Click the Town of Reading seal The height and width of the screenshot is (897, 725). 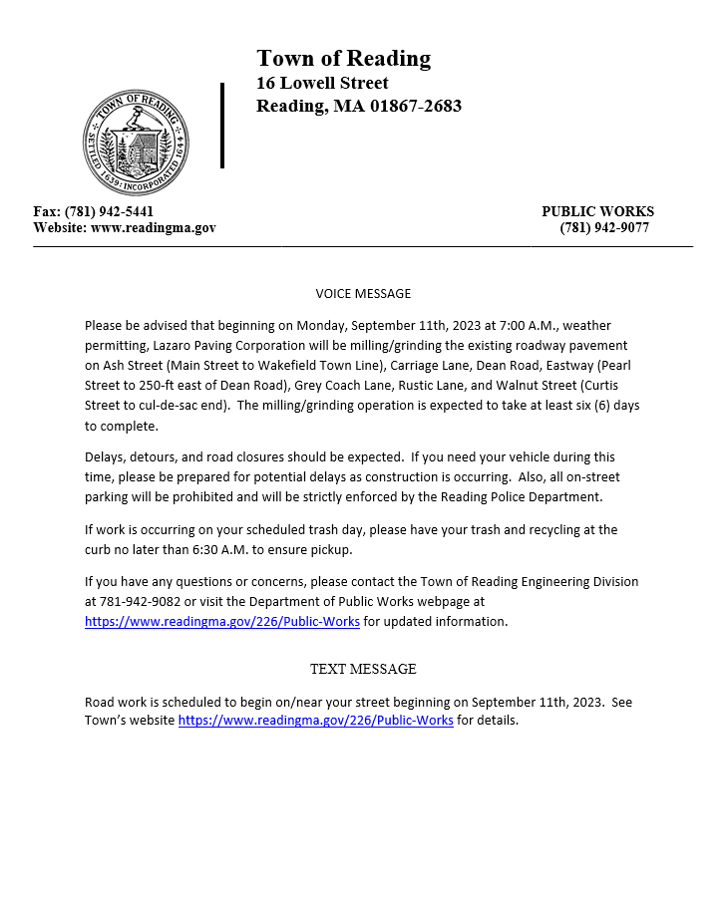pyautogui.click(x=136, y=142)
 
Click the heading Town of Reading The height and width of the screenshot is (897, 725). pyautogui.click(x=343, y=59)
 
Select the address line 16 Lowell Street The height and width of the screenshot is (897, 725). pyautogui.click(x=322, y=83)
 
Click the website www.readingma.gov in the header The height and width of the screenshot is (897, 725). pyautogui.click(x=153, y=228)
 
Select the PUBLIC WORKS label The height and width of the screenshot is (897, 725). pyautogui.click(x=597, y=211)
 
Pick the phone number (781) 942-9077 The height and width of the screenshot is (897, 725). pyautogui.click(x=604, y=228)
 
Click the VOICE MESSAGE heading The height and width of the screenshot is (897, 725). pyautogui.click(x=363, y=294)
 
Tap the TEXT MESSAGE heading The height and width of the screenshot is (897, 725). pyautogui.click(x=363, y=669)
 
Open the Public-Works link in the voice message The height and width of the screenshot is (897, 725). pyautogui.click(x=222, y=622)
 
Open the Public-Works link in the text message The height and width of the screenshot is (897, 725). pyautogui.click(x=315, y=721)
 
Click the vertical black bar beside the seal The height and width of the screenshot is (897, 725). pyautogui.click(x=222, y=126)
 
